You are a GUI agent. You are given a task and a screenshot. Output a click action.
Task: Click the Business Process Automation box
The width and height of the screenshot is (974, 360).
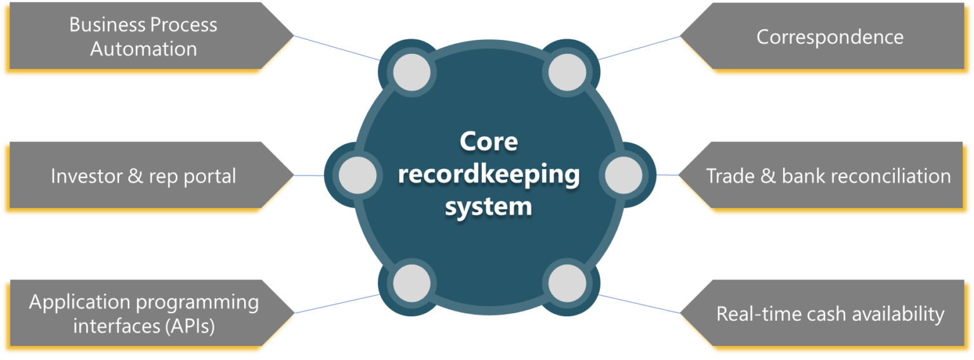point(143,37)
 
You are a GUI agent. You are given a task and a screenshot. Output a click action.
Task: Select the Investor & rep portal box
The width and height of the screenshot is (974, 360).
point(143,176)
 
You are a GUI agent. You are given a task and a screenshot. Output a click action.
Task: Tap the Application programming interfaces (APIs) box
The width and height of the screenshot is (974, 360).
point(143,314)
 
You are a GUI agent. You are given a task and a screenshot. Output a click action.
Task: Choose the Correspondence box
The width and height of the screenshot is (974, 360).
point(829,37)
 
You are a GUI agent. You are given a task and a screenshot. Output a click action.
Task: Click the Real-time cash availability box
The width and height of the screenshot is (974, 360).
point(829,314)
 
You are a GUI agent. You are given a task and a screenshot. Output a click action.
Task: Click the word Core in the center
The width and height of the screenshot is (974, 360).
point(488,141)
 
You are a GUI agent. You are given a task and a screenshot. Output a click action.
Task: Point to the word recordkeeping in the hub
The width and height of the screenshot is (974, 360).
point(488,174)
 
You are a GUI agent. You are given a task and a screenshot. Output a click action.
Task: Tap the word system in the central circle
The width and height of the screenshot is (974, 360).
point(488,206)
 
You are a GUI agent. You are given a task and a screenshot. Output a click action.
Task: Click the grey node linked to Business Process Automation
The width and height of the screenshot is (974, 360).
point(412,71)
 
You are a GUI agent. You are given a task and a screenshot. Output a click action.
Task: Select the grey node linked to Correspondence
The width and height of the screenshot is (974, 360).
point(566,71)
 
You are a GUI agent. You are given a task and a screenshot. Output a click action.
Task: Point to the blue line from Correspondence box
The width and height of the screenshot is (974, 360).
point(639,48)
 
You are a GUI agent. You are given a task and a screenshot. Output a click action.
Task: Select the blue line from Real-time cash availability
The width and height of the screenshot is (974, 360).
point(639,304)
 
